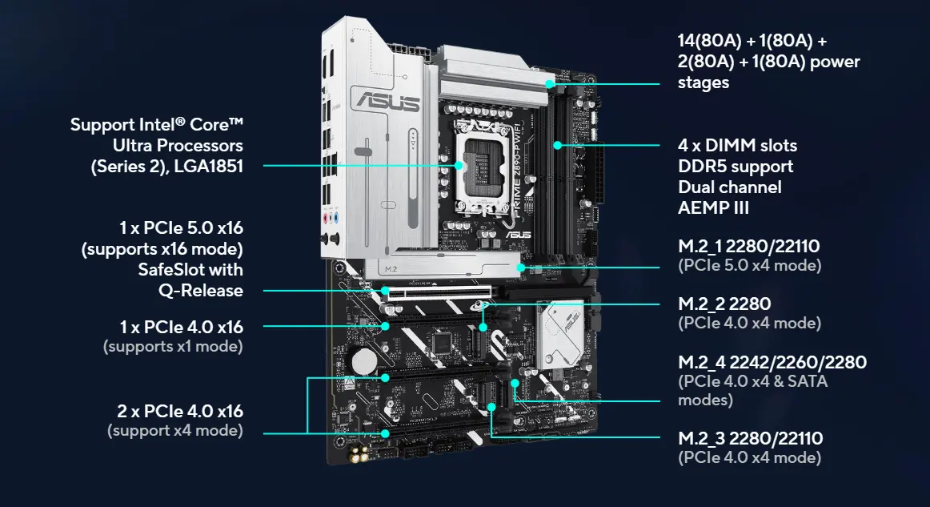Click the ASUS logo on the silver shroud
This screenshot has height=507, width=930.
click(x=390, y=102)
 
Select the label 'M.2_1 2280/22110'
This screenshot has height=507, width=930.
click(x=748, y=246)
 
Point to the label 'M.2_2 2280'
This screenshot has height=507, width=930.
click(x=724, y=304)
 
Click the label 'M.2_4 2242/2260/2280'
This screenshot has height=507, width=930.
click(x=772, y=362)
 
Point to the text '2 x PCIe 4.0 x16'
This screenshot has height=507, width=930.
click(x=179, y=411)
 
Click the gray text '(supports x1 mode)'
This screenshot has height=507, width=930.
click(x=173, y=347)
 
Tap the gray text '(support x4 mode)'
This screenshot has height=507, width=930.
click(x=174, y=431)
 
